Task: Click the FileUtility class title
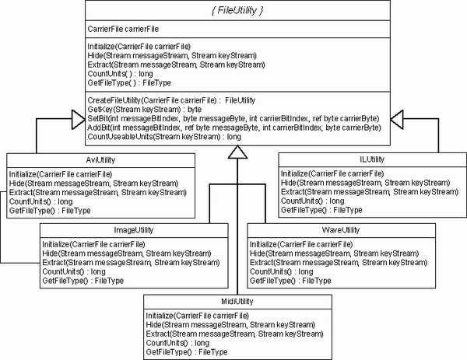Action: pos(237,10)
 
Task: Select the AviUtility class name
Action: pos(100,160)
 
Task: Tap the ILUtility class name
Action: pos(372,159)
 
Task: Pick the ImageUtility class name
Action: pos(134,230)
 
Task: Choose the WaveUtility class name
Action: pos(341,230)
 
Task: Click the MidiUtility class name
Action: pos(237,302)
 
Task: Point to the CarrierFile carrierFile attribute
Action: pos(123,29)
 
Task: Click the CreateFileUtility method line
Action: pos(171,100)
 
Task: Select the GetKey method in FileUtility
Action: pos(145,110)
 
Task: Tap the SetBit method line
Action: pos(233,118)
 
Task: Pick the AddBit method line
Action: pos(234,128)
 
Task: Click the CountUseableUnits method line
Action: pos(164,137)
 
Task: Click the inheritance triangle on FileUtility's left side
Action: pos(79,120)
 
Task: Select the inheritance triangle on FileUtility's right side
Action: pos(397,120)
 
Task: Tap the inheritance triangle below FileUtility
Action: pos(237,152)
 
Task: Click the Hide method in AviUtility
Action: pos(94,183)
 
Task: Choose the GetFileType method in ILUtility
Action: pos(321,210)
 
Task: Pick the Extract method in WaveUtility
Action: pos(339,262)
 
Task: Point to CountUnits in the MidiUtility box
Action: pos(177,343)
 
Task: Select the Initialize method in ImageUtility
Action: pos(94,245)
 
